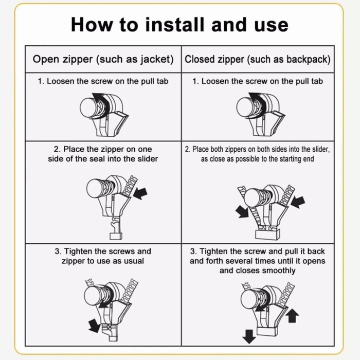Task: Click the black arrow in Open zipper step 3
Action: click(x=95, y=325)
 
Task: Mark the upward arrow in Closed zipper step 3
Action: click(x=292, y=314)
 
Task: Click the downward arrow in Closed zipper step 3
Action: click(x=249, y=336)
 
